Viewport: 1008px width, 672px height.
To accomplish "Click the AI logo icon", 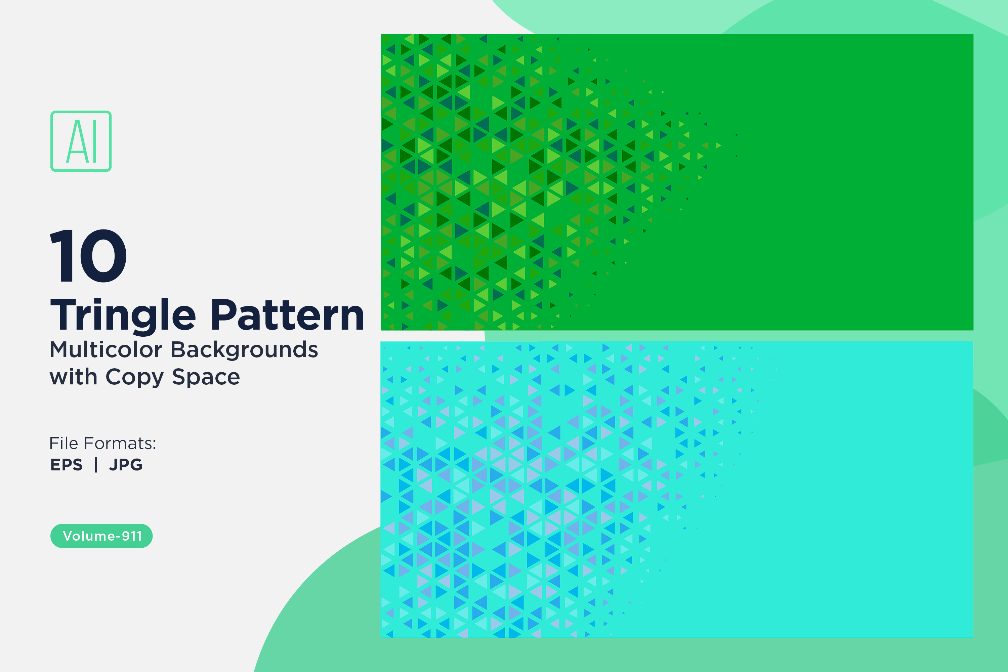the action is tap(81, 141).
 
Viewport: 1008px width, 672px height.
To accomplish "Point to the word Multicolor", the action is tap(106, 349).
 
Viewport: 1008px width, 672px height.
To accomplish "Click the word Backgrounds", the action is tap(244, 349).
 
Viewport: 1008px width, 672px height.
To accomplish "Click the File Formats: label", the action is tap(102, 443).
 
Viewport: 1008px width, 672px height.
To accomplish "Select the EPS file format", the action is tap(67, 465).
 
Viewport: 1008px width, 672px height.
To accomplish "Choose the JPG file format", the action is tap(126, 465).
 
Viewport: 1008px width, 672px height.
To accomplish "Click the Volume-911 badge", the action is tap(101, 536).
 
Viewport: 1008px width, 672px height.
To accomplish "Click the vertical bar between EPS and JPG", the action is tap(96, 465).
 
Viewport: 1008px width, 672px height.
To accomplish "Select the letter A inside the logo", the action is tap(77, 141).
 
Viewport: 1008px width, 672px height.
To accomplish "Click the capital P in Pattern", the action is tap(224, 314).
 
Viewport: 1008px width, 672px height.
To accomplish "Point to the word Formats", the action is tap(126, 443).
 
